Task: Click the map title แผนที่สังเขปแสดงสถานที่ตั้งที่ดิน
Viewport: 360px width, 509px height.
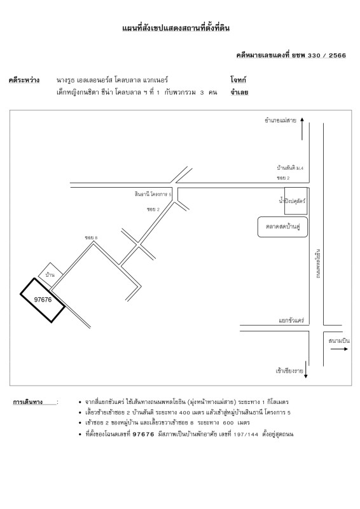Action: pyautogui.click(x=176, y=28)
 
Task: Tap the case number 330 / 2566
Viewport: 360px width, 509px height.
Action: pyautogui.click(x=326, y=55)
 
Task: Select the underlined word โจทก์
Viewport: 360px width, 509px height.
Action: pyautogui.click(x=239, y=80)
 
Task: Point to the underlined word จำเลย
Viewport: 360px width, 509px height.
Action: pyautogui.click(x=239, y=92)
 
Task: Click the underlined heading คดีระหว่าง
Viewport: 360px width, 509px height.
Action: pyautogui.click(x=24, y=80)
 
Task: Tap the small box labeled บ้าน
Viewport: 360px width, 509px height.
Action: pyautogui.click(x=50, y=275)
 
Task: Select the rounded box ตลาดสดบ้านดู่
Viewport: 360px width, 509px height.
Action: pyautogui.click(x=282, y=227)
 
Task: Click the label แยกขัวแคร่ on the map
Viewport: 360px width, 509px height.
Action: pyautogui.click(x=291, y=321)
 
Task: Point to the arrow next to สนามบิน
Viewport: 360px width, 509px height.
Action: pyautogui.click(x=339, y=349)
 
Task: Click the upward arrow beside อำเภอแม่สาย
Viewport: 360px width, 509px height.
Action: pyautogui.click(x=302, y=129)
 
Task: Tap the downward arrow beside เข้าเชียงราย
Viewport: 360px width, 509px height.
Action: pyautogui.click(x=305, y=370)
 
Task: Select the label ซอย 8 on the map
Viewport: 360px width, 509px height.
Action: pyautogui.click(x=91, y=237)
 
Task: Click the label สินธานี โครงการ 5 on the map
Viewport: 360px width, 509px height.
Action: pyautogui.click(x=153, y=194)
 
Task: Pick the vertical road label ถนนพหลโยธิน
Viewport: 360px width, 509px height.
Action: pyautogui.click(x=319, y=263)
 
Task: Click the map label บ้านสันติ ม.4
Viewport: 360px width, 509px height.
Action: pyautogui.click(x=290, y=168)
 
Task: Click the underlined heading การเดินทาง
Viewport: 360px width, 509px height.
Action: pyautogui.click(x=27, y=402)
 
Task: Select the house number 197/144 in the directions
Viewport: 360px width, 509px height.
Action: pyautogui.click(x=246, y=435)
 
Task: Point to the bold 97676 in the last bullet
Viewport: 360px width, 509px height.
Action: pyautogui.click(x=144, y=435)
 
